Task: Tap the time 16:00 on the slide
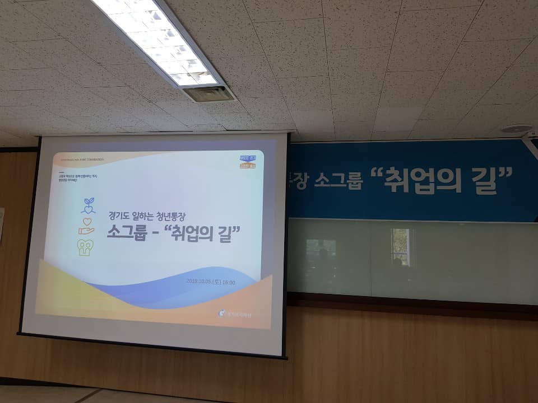point(228,281)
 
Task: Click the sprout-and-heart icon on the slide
point(88,205)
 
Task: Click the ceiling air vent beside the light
point(208,93)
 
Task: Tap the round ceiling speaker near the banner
point(516,128)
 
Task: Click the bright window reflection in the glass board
point(400,247)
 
